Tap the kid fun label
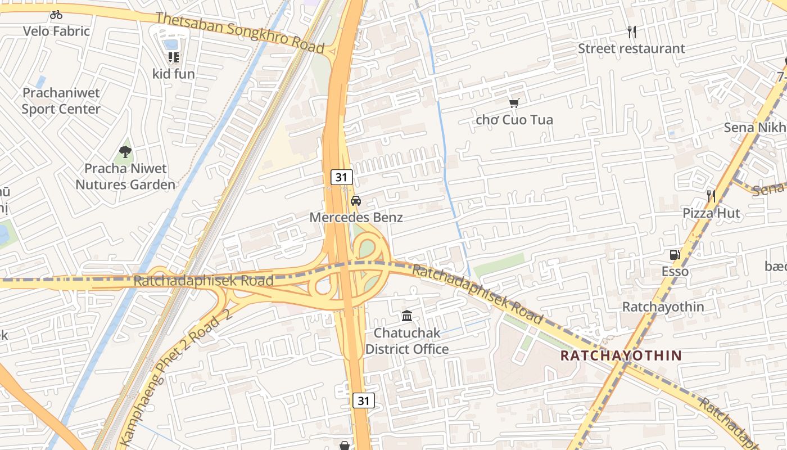[173, 74]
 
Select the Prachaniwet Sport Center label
[61, 101]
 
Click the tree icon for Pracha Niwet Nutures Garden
[125, 151]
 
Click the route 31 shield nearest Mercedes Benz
[341, 177]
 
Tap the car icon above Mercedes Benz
[356, 201]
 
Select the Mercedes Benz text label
[356, 217]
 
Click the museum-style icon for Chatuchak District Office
[407, 316]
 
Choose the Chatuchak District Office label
[407, 341]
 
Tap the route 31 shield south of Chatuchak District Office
[364, 400]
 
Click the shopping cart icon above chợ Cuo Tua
[514, 103]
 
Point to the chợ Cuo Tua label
[514, 120]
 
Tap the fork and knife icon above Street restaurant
[632, 32]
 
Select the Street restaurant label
[632, 48]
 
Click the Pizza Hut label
[711, 213]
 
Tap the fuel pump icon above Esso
[675, 255]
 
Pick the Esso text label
[675, 271]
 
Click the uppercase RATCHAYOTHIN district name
[621, 355]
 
